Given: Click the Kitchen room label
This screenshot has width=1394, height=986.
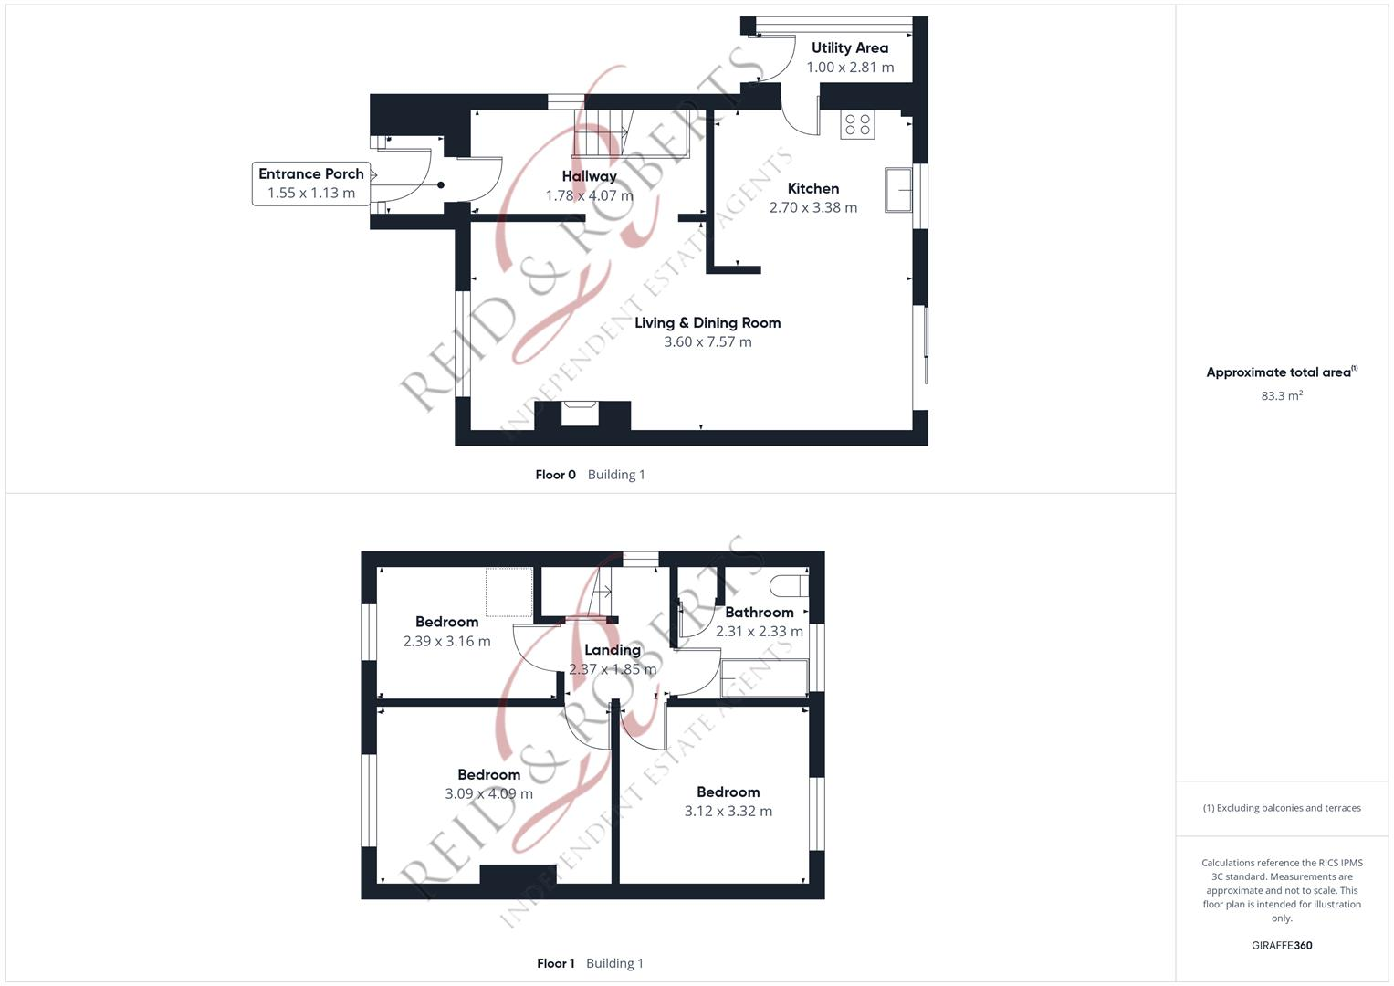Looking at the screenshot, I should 812,188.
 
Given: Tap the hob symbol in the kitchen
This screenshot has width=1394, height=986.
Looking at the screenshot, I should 857,124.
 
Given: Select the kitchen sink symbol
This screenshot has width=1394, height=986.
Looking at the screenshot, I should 898,190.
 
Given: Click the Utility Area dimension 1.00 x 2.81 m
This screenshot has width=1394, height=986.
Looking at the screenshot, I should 850,68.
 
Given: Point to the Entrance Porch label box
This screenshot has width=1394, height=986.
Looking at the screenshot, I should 310,183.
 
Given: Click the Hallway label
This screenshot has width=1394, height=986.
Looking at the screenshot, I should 589,176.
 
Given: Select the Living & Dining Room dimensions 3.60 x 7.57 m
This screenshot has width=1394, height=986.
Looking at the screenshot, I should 707,342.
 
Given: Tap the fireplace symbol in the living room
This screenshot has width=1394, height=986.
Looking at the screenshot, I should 580,413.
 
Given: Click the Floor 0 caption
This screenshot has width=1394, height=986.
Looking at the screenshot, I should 555,475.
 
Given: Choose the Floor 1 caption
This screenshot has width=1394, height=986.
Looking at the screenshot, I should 555,963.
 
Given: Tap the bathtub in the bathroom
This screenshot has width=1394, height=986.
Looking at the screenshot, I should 764,678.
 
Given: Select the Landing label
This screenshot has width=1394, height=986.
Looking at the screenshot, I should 612,650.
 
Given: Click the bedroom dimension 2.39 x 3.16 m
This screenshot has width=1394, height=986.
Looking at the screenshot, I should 446,642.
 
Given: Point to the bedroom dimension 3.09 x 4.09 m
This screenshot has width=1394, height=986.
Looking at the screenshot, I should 488,794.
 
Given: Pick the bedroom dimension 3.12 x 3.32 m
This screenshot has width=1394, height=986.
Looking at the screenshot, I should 728,812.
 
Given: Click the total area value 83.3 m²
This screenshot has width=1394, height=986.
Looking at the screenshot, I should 1281,396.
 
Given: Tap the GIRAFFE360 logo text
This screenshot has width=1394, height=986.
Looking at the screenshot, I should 1281,946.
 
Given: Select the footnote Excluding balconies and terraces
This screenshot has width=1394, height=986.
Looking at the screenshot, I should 1281,808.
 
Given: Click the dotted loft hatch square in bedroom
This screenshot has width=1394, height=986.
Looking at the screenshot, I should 508,592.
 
